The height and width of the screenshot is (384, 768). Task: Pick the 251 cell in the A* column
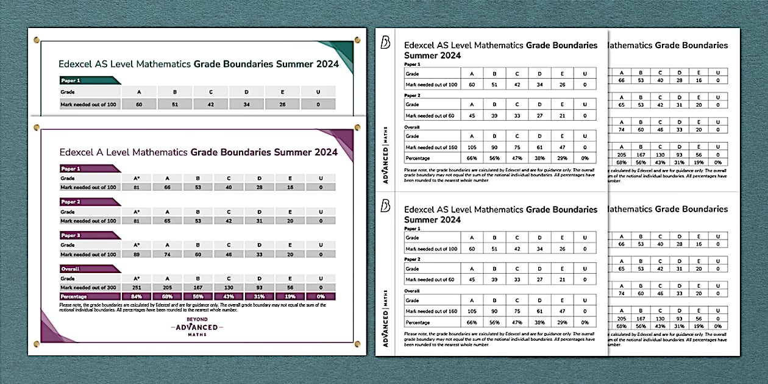tap(137, 287)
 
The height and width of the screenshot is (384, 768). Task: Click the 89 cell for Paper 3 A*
tap(137, 254)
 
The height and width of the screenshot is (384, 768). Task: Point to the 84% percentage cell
tap(137, 296)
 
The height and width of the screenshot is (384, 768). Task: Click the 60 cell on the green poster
tap(139, 104)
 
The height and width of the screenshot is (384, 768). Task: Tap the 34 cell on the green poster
tap(246, 104)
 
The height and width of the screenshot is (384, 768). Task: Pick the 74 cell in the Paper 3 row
tap(172, 254)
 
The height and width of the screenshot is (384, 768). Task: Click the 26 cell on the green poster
tap(282, 104)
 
